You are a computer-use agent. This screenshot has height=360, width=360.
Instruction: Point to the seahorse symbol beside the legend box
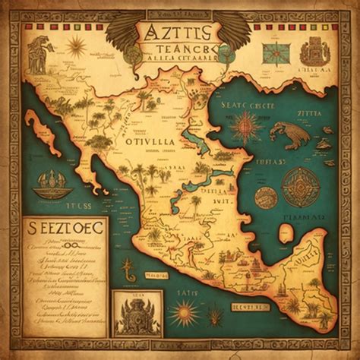tap(131, 265)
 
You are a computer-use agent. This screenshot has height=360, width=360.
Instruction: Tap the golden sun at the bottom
tap(185, 311)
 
